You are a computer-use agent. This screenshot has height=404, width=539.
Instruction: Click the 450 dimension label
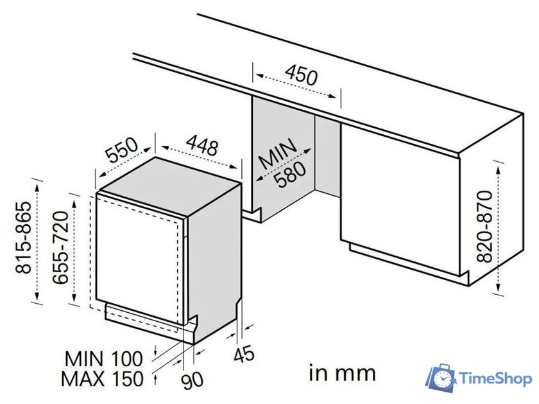coord(301,76)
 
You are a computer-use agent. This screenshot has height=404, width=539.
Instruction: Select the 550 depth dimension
coord(122,152)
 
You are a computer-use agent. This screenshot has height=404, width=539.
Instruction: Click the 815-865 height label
coord(24,238)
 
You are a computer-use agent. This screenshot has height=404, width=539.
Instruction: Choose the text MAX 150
coord(102,378)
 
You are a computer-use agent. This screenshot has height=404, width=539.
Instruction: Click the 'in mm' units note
coord(342,373)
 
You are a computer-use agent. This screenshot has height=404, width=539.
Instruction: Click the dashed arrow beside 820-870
coord(499,225)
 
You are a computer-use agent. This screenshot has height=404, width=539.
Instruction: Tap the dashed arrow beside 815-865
coord(38,241)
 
